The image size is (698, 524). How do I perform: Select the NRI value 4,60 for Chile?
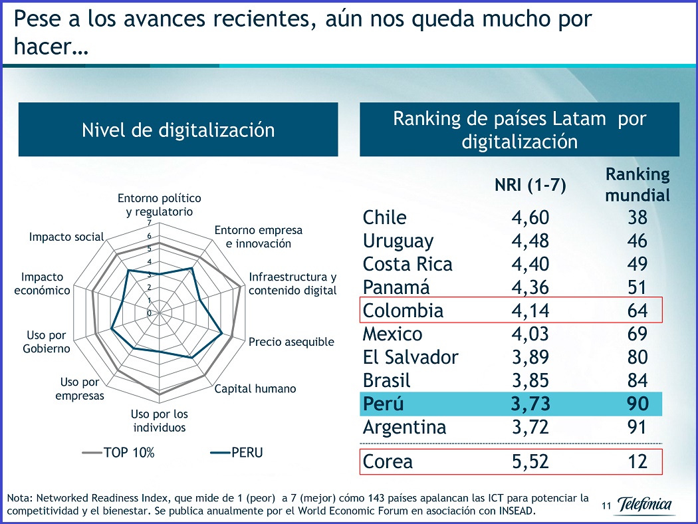[530, 218]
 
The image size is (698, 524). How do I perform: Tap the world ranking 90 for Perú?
[637, 404]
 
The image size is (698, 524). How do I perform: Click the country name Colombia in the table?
[403, 311]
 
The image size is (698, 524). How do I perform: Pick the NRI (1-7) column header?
[530, 186]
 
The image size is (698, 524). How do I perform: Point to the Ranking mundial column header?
[637, 185]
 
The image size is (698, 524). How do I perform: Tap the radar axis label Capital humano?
[255, 388]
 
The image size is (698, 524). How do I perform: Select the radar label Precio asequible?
[291, 342]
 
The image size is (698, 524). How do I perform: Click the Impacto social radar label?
[66, 237]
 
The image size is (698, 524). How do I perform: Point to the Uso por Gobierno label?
[49, 342]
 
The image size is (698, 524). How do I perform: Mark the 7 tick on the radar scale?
[149, 223]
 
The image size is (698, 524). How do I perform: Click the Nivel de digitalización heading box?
[177, 130]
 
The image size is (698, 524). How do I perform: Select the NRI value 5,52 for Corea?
[530, 461]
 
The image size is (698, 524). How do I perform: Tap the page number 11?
[605, 507]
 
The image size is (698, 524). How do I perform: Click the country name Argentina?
[404, 427]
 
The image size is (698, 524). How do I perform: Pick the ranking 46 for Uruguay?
[637, 241]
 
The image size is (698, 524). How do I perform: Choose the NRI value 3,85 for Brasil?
[530, 380]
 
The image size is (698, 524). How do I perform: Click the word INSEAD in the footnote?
[514, 511]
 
